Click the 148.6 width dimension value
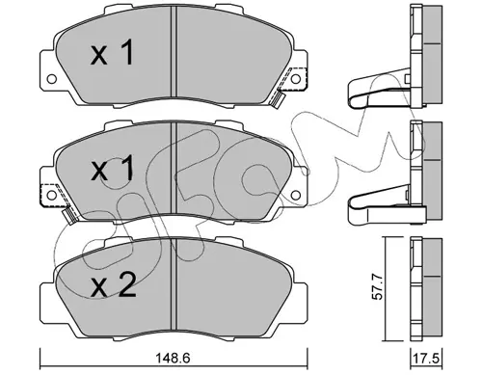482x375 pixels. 174,358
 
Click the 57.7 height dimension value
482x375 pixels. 377,287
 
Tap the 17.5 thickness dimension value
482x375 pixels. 426,359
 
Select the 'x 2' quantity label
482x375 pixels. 114,286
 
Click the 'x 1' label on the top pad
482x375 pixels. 112,54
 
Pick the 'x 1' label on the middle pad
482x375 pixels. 112,170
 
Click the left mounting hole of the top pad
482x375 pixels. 51,79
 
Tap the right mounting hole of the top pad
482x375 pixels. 296,78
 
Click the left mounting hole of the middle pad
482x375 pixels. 51,195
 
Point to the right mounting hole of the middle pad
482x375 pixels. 296,195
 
